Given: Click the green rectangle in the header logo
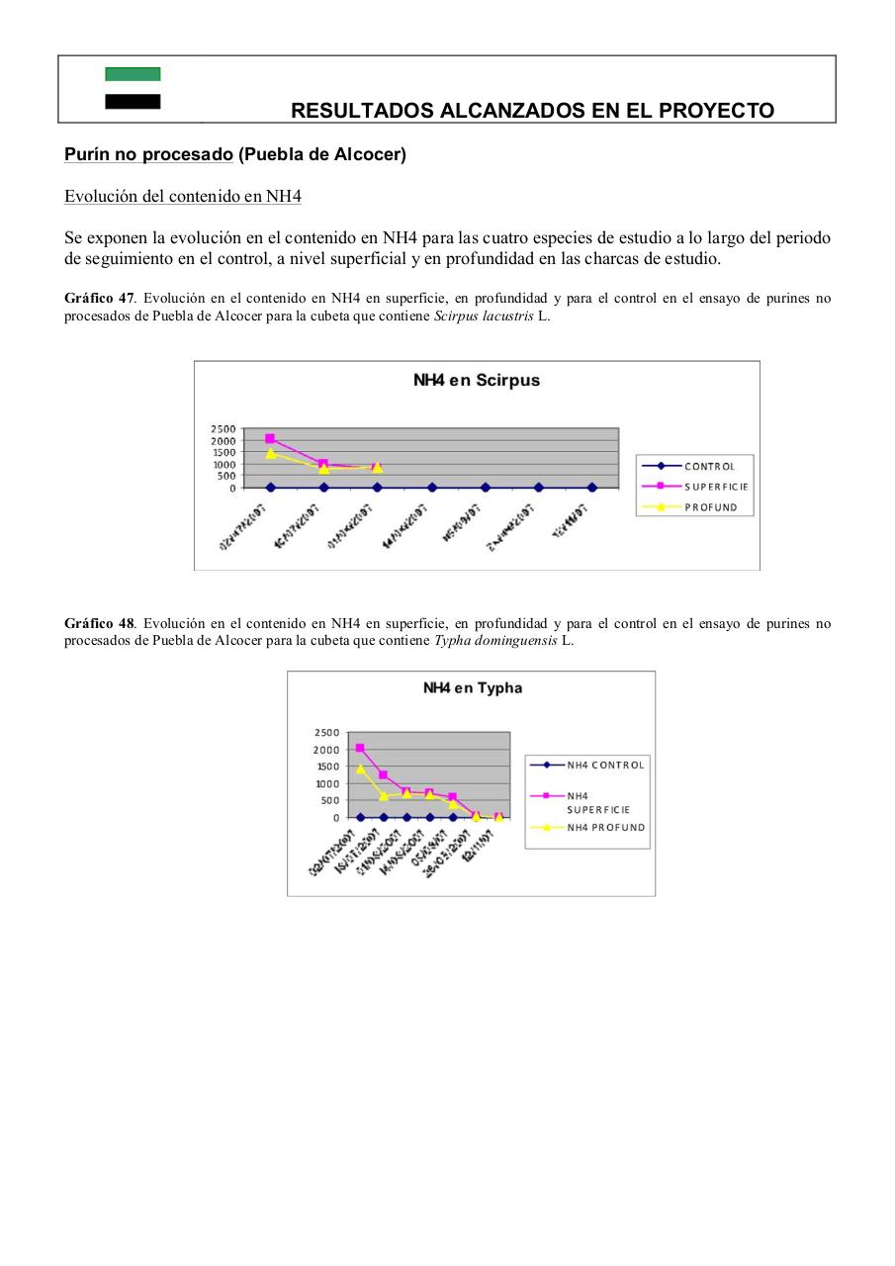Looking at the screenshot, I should pyautogui.click(x=133, y=74).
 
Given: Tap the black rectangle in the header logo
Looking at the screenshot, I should pyautogui.click(x=133, y=101).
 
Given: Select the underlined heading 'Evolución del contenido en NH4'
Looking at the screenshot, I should pyautogui.click(x=182, y=196).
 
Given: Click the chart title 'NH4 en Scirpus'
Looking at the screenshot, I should pyautogui.click(x=476, y=380).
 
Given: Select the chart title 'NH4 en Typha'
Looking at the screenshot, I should pyautogui.click(x=472, y=687).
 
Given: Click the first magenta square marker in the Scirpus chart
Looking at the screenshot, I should pyautogui.click(x=270, y=438).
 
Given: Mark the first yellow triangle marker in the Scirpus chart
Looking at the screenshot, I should pyautogui.click(x=270, y=453).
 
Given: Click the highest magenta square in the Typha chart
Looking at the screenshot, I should pyautogui.click(x=360, y=748).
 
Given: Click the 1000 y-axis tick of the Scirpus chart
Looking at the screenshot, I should pyautogui.click(x=224, y=464).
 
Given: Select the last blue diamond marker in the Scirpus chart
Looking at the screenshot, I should pyautogui.click(x=591, y=488).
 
